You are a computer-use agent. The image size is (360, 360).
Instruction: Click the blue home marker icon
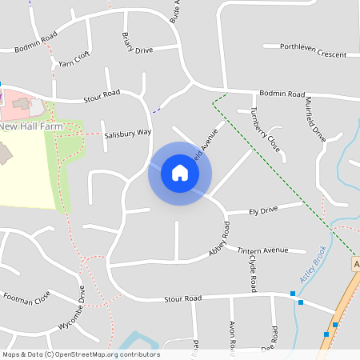[180, 173]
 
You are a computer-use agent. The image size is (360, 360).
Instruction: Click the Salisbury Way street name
[127, 134]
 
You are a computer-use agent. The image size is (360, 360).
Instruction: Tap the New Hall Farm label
[30, 126]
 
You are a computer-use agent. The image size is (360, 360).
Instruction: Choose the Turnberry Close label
[265, 130]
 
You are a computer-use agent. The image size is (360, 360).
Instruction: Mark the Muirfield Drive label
[314, 118]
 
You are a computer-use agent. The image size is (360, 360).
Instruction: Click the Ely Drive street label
[263, 210]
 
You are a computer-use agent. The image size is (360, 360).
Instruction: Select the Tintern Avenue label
[262, 250]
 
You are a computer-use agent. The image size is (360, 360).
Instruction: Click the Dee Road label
[274, 336]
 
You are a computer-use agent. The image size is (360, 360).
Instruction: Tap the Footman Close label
[26, 298]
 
